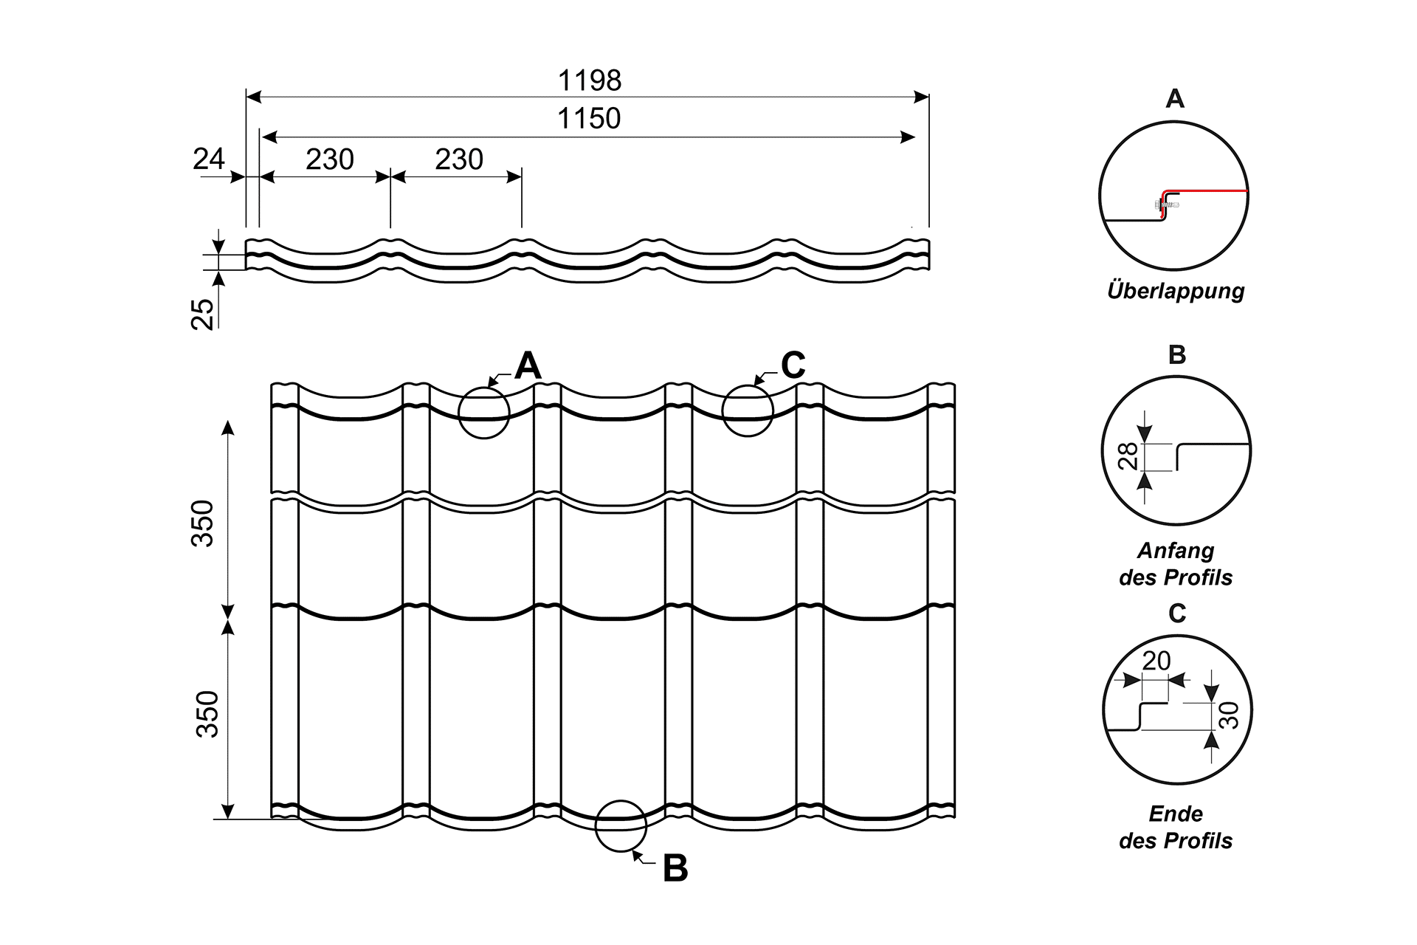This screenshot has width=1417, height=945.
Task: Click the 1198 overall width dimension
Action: pos(589,80)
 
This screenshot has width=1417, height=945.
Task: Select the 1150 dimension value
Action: pos(588,118)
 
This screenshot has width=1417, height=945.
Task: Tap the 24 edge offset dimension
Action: pos(208,159)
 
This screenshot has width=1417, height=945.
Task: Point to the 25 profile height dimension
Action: pos(203,313)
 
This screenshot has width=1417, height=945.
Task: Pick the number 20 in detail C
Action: pos(1156,660)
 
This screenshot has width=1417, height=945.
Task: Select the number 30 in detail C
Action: pos(1228,715)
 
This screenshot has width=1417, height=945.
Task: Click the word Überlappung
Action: pos(1175,290)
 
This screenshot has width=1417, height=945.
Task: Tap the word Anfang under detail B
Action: pos(1175,550)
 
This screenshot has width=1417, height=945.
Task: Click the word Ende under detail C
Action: pos(1175,814)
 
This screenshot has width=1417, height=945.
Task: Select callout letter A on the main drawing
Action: pos(528,365)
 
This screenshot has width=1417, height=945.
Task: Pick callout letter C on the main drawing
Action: pos(793,365)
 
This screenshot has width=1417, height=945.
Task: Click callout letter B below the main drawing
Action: pos(675,868)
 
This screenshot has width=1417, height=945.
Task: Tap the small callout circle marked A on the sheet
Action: pos(484,413)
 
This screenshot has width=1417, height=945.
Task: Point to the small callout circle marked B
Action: pos(621,825)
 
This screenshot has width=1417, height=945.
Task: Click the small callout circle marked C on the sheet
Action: pos(748,411)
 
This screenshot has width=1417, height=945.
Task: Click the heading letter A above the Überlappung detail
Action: pos(1175,98)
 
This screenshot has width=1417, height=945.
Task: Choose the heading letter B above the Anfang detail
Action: pos(1177,354)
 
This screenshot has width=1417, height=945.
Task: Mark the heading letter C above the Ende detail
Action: pos(1177,613)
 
